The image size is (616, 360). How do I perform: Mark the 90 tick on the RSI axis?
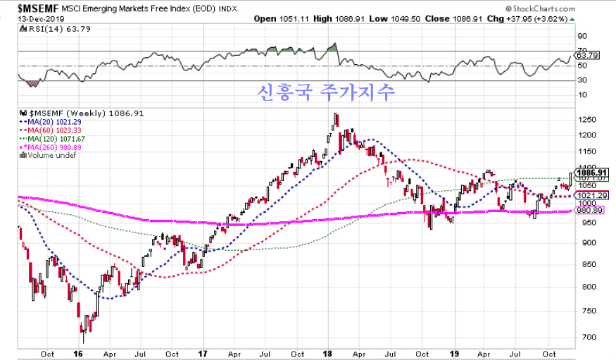582,36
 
